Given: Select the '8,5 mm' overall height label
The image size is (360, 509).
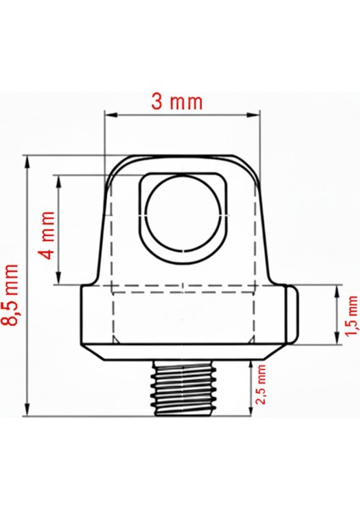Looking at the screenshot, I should [x=13, y=294].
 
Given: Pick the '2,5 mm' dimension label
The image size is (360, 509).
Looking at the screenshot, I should [x=262, y=385].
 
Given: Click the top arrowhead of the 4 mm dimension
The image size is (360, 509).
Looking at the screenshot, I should [x=59, y=181].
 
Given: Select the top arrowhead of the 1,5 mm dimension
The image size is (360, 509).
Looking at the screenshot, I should [x=336, y=290].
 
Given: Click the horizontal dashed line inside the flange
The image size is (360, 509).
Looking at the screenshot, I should [x=183, y=292].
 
